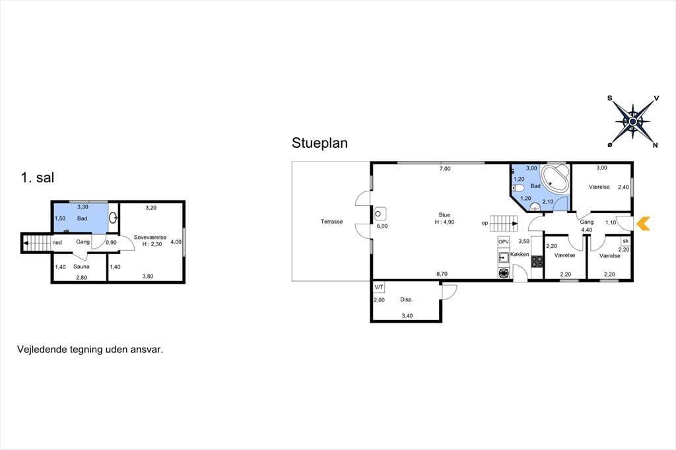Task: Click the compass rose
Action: tap(632, 122)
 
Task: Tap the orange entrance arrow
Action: tap(643, 223)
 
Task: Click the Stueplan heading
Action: tap(320, 143)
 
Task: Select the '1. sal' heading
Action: tap(38, 177)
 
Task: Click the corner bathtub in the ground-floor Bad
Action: tap(555, 178)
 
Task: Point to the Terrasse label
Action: tap(331, 222)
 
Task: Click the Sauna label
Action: tap(81, 267)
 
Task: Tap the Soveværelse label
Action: tap(150, 238)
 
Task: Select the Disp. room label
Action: tap(407, 299)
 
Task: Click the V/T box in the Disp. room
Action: tap(379, 286)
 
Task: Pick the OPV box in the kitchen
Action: tap(504, 241)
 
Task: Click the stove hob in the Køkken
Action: tap(537, 262)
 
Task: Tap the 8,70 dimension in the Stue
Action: tap(442, 274)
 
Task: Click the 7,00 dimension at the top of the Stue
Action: tap(445, 168)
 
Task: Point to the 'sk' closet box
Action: tap(626, 241)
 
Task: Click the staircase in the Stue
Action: tap(504, 223)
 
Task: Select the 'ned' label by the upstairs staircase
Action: tap(57, 243)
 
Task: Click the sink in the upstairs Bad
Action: tap(113, 218)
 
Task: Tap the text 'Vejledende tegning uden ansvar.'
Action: tap(90, 350)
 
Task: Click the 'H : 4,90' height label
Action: tap(444, 222)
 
